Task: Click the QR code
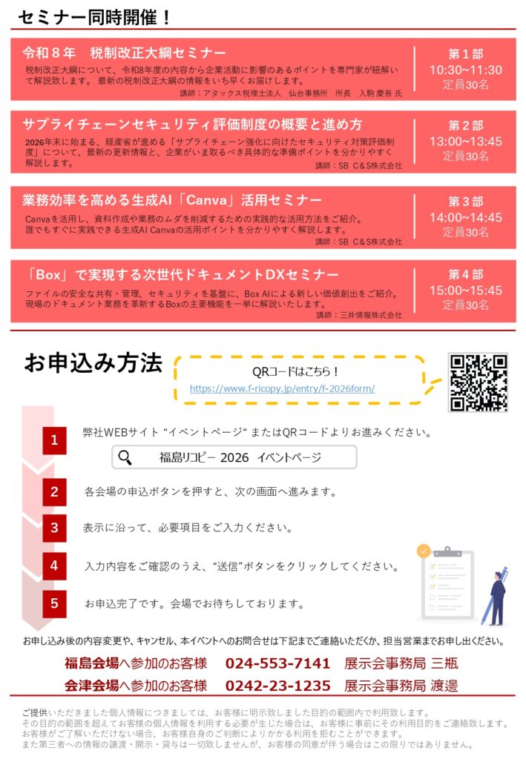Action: [479, 382]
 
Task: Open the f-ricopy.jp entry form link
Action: [283, 388]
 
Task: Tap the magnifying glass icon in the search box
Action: [125, 457]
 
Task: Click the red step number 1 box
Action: [54, 440]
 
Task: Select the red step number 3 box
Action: [54, 528]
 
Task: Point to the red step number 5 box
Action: [54, 603]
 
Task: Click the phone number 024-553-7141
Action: [277, 663]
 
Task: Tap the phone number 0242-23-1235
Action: [277, 686]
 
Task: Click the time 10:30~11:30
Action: [465, 70]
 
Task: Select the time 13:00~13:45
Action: [465, 142]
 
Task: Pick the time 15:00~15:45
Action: [465, 291]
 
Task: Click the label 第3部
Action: [465, 201]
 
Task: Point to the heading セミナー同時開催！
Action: [95, 18]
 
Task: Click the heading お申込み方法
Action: [93, 363]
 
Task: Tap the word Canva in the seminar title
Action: [207, 200]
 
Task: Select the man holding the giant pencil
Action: [495, 597]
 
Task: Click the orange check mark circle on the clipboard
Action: [424, 551]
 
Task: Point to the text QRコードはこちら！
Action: [295, 371]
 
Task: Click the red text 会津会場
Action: [91, 686]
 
